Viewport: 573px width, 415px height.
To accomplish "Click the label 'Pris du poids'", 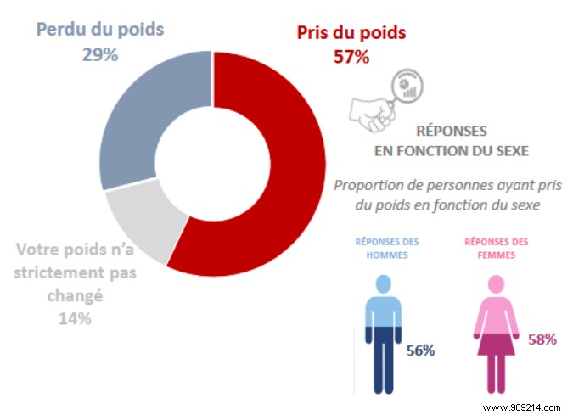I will tap(351, 33).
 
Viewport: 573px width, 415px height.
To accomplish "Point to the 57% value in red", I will tap(351, 57).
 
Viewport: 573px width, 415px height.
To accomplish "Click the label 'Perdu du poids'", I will tap(99, 28).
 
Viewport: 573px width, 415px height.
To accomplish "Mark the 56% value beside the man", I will tap(420, 350).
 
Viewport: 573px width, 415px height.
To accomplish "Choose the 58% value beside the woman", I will tap(540, 339).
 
